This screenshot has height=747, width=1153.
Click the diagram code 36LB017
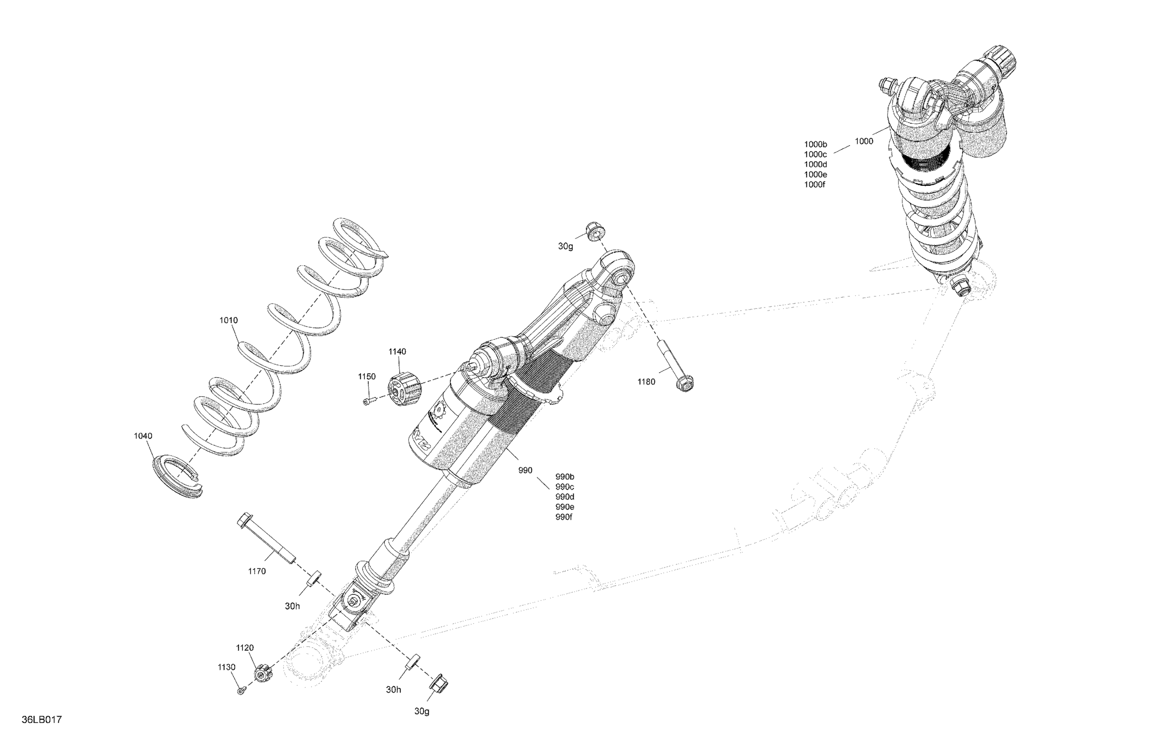[x=41, y=719]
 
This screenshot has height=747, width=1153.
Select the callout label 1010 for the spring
[x=228, y=320]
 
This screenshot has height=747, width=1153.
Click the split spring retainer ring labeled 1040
[x=176, y=477]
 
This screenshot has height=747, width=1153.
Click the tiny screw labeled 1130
[x=241, y=691]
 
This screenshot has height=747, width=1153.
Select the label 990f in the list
[x=564, y=517]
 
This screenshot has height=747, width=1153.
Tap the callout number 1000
[x=864, y=141]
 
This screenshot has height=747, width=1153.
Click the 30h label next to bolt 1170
[x=292, y=606]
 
